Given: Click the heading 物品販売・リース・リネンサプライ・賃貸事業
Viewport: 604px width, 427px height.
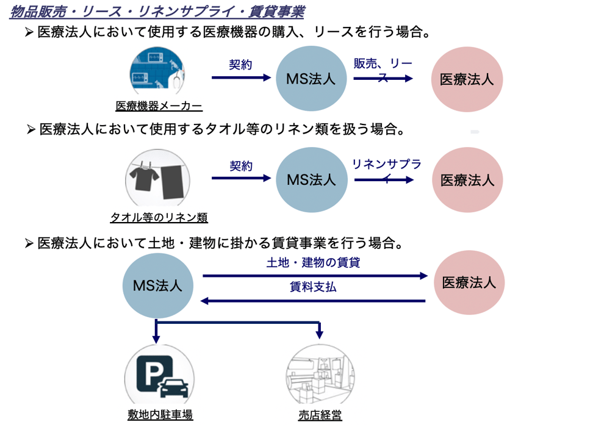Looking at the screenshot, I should tap(157, 12).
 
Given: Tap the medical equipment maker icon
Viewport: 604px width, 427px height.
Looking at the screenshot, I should tap(158, 71).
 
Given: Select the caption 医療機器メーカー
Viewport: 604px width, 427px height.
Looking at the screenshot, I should tap(159, 106).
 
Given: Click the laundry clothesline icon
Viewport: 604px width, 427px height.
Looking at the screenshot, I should tap(158, 178).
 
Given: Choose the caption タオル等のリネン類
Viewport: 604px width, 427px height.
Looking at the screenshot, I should tap(159, 218).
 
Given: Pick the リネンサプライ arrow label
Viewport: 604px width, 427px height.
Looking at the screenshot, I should tap(386, 170).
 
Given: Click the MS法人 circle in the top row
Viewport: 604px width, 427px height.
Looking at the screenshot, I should tap(311, 78).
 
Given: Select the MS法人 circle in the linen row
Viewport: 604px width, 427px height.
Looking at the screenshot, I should tap(311, 180).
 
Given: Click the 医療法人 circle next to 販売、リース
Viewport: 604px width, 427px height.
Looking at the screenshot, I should tap(467, 79).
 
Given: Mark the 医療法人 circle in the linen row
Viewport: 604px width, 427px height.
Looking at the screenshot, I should tap(467, 180).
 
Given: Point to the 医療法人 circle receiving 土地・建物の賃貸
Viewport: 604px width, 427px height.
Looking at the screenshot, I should tap(469, 282).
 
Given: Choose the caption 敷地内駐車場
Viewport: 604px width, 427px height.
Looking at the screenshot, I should tap(160, 415).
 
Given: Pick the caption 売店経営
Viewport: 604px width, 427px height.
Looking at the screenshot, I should tap(320, 415).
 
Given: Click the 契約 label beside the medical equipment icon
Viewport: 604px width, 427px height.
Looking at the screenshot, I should tap(240, 65).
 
